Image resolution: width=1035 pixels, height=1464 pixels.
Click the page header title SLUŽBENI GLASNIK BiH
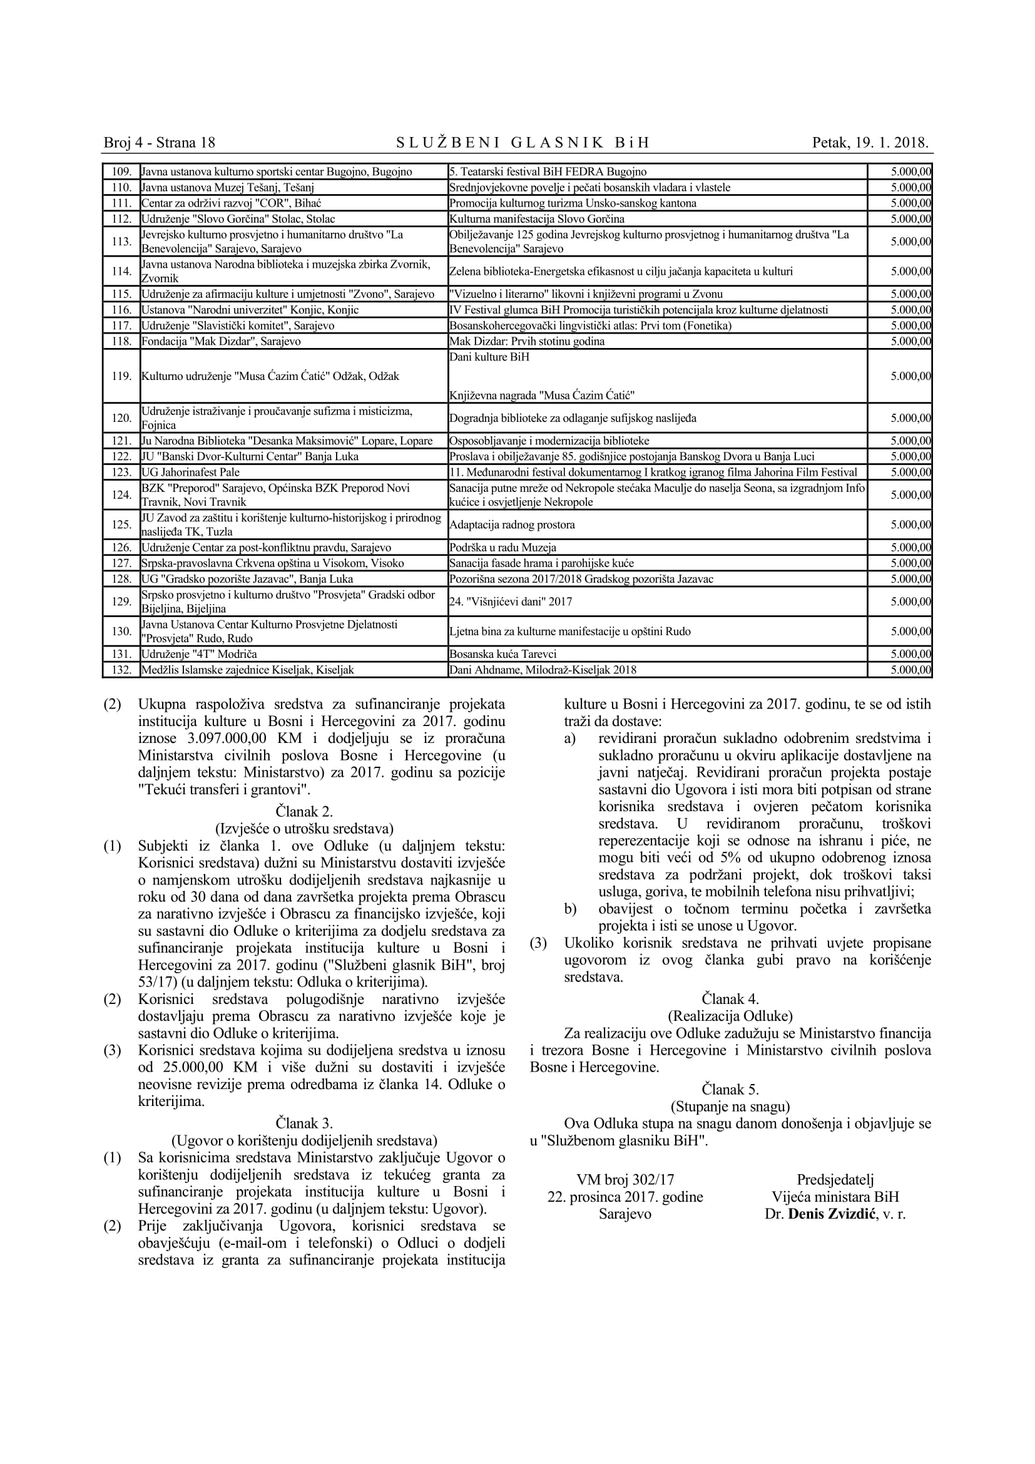(523, 142)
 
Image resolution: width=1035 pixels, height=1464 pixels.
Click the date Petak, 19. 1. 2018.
(870, 142)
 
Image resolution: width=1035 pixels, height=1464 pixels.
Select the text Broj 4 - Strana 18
(160, 142)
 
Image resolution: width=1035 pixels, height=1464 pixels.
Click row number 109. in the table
(121, 171)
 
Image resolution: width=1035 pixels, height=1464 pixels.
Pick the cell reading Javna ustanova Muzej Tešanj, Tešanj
(228, 188)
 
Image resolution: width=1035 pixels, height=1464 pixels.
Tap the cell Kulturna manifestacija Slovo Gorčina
(537, 218)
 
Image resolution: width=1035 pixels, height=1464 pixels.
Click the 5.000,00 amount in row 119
(910, 376)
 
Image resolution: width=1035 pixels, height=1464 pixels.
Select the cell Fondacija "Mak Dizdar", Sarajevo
(220, 341)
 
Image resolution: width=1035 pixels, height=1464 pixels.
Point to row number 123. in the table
(121, 472)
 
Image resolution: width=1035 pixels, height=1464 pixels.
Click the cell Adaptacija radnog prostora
(512, 525)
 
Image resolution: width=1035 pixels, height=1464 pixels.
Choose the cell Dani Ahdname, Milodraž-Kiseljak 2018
(543, 670)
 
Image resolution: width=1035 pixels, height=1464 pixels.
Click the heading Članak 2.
(304, 812)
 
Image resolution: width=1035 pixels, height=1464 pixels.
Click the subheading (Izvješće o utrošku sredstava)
(304, 829)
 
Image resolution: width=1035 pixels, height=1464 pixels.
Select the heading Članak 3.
(304, 1123)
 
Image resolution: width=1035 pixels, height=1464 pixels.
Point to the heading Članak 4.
(730, 998)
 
